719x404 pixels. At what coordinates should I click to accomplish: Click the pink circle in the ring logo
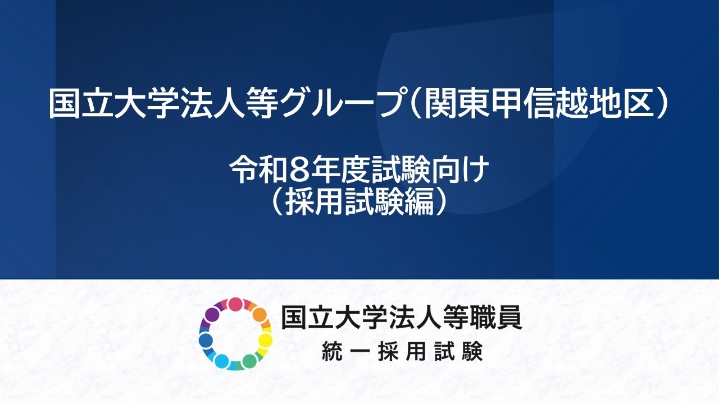tap(235, 305)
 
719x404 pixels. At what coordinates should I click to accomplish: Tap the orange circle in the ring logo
tap(258, 315)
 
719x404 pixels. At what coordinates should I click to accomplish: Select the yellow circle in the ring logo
tap(265, 341)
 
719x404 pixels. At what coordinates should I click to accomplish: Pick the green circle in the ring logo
tap(249, 360)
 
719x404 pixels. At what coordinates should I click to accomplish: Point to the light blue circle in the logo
tap(222, 361)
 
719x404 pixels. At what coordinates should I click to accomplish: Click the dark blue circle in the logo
tap(206, 340)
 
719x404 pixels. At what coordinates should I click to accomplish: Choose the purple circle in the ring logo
tap(212, 315)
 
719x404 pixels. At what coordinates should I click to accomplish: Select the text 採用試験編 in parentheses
tap(359, 202)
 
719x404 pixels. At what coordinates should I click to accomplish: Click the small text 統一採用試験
tap(402, 352)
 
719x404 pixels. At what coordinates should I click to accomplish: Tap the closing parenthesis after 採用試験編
tap(444, 202)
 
